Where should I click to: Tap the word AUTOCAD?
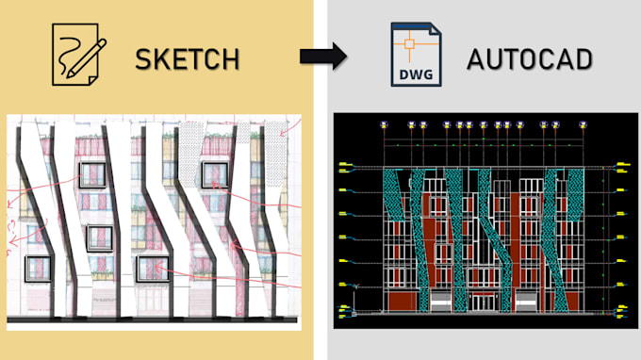(x=530, y=59)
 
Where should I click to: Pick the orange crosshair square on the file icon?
(x=412, y=49)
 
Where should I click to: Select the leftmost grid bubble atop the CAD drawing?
(x=382, y=123)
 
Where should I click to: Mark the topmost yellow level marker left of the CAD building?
(x=347, y=167)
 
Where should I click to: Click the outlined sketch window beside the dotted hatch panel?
(x=213, y=174)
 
